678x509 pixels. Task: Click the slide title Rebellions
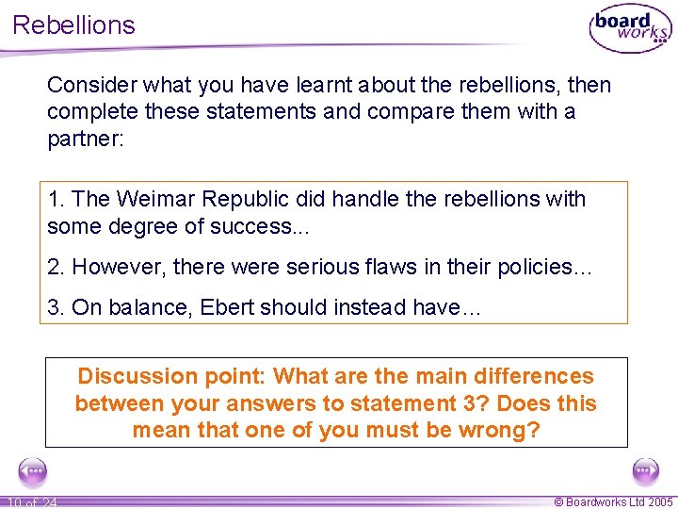click(73, 25)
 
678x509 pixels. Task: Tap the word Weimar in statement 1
click(148, 199)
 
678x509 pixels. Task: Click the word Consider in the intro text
click(88, 85)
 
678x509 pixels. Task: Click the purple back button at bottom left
click(33, 470)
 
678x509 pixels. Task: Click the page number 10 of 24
click(31, 502)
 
